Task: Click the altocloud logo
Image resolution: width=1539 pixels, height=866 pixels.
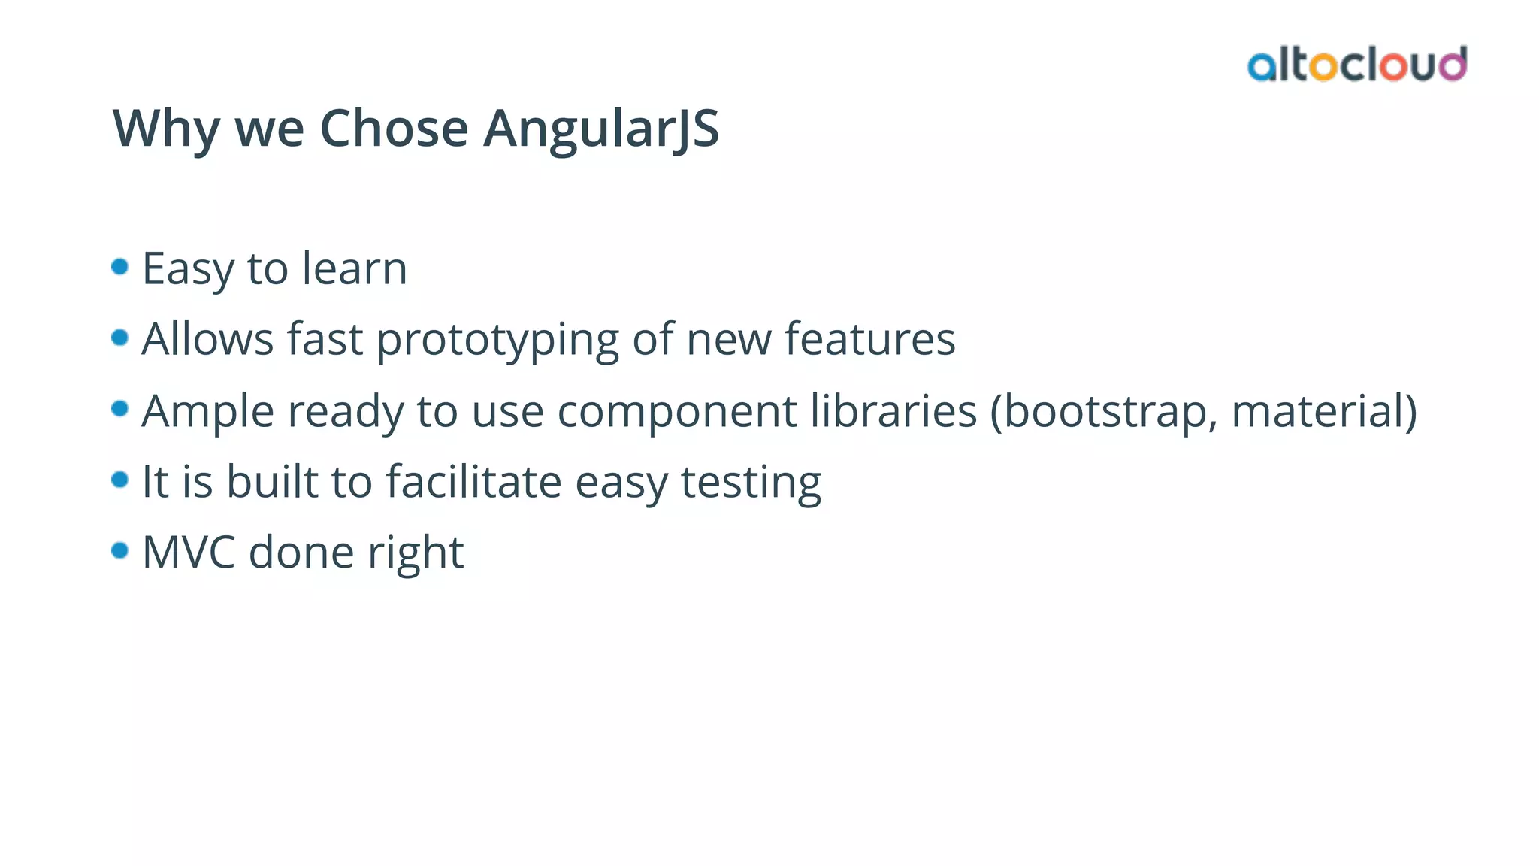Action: pos(1356,65)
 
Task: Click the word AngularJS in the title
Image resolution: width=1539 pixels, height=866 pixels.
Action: pos(601,129)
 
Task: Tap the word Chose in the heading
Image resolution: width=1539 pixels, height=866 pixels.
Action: pos(394,129)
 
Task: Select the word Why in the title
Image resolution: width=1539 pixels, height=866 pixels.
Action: pos(166,129)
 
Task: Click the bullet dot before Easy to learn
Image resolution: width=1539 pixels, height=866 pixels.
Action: pos(119,267)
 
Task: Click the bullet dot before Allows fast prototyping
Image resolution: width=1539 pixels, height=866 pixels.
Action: pos(119,338)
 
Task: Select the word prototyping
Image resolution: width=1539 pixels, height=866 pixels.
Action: pos(497,340)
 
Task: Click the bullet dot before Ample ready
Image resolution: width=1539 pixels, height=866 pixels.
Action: pos(119,408)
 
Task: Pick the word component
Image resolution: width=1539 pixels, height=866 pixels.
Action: pos(676,412)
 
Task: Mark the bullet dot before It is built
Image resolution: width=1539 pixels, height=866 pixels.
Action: pos(119,479)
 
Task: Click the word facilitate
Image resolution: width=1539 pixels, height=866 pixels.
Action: pos(473,481)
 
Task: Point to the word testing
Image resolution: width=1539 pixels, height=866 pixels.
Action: pos(751,483)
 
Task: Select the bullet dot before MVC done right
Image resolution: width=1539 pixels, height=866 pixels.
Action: pos(119,550)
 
